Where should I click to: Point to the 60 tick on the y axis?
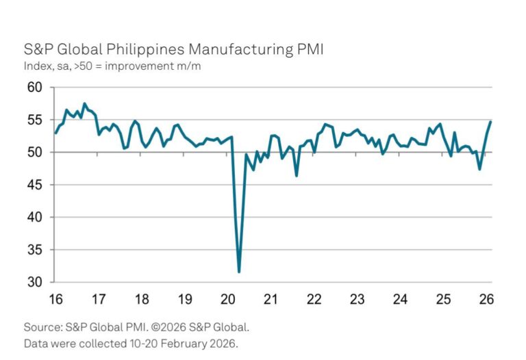coord(35,88)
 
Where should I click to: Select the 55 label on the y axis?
coord(35,120)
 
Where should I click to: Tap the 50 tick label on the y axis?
coord(35,153)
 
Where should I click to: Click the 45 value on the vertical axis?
coord(35,185)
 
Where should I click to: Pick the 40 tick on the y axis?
coord(35,217)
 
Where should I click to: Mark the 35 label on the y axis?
coord(35,250)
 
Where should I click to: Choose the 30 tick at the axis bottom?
coord(35,282)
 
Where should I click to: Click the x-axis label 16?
coord(55,298)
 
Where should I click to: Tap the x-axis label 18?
coord(142,298)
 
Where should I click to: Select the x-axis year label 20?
coord(228,298)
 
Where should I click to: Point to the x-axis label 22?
coord(314,298)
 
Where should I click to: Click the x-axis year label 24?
coord(401,298)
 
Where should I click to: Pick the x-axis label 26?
coord(486,298)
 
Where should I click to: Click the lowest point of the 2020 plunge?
coord(239,272)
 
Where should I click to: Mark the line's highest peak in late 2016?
coord(84,104)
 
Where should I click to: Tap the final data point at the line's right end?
coord(490,121)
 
